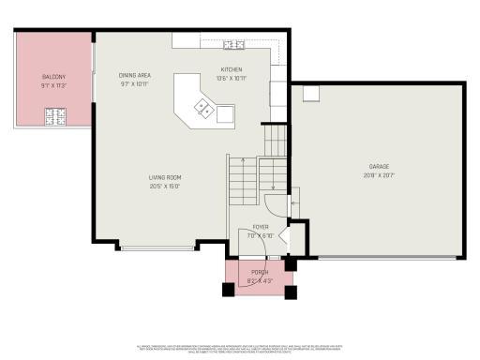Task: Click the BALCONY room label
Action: [x=52, y=75]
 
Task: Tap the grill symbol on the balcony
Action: [x=55, y=116]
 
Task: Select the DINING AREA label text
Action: [x=134, y=75]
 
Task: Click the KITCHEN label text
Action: [x=232, y=70]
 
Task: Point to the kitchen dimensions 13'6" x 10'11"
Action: [x=232, y=79]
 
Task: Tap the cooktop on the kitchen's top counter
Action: [x=234, y=44]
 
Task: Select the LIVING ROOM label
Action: [x=164, y=176]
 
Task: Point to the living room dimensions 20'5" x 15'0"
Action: [x=164, y=186]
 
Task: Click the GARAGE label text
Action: [x=379, y=167]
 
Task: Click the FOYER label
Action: [x=260, y=227]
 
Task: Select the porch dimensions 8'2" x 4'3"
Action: [x=260, y=280]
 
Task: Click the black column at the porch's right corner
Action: [x=291, y=292]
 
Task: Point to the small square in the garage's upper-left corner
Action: [x=310, y=93]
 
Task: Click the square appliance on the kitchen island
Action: [x=225, y=114]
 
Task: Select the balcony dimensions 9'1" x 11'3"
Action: [x=52, y=83]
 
